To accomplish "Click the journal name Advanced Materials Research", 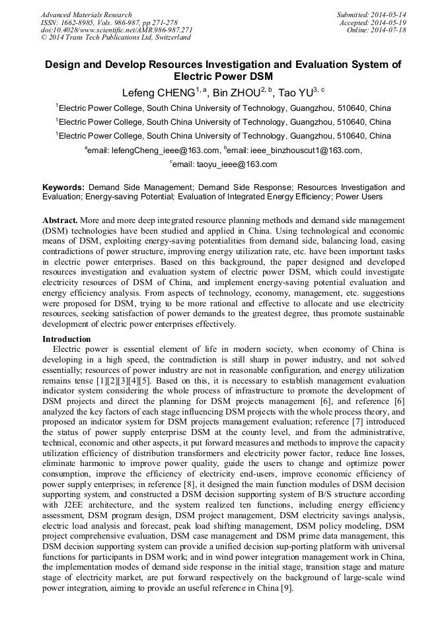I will [x=86, y=15].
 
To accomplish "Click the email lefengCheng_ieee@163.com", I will [x=165, y=150].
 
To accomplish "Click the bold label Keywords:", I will [x=63, y=187].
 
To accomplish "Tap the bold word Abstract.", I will [x=59, y=219].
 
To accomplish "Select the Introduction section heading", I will [x=67, y=339].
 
